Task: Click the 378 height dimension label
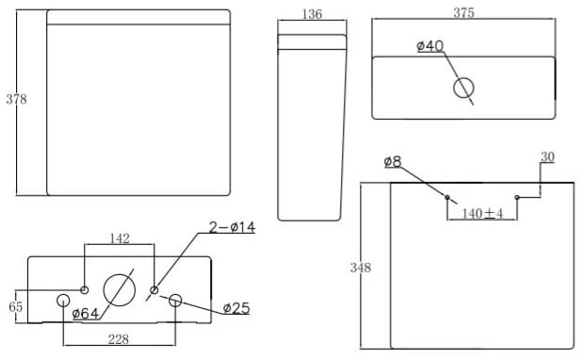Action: [16, 99]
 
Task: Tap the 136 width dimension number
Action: [312, 14]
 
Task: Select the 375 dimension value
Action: [463, 12]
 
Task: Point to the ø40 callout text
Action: [431, 46]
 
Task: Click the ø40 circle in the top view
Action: [463, 88]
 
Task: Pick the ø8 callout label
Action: [393, 162]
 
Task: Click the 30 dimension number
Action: [547, 157]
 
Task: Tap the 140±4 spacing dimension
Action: [482, 213]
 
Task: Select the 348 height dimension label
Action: [361, 268]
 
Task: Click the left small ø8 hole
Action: [447, 197]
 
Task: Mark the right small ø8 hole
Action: [517, 197]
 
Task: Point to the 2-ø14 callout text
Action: [232, 227]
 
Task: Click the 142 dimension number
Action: [120, 238]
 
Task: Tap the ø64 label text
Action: [86, 314]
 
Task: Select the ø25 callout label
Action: [236, 308]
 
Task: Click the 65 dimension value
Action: [16, 306]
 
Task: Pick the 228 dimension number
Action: [119, 339]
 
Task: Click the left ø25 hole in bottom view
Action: [63, 301]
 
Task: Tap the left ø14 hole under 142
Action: [85, 290]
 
